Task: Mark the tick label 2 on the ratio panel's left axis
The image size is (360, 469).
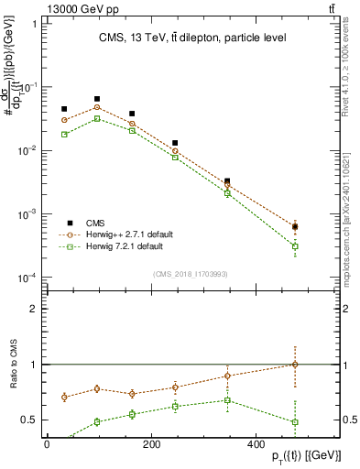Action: click(33, 309)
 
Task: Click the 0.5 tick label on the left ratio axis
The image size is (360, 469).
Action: click(28, 420)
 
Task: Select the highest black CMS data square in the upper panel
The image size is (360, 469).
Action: click(97, 99)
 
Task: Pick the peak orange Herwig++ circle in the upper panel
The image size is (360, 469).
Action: click(97, 107)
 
